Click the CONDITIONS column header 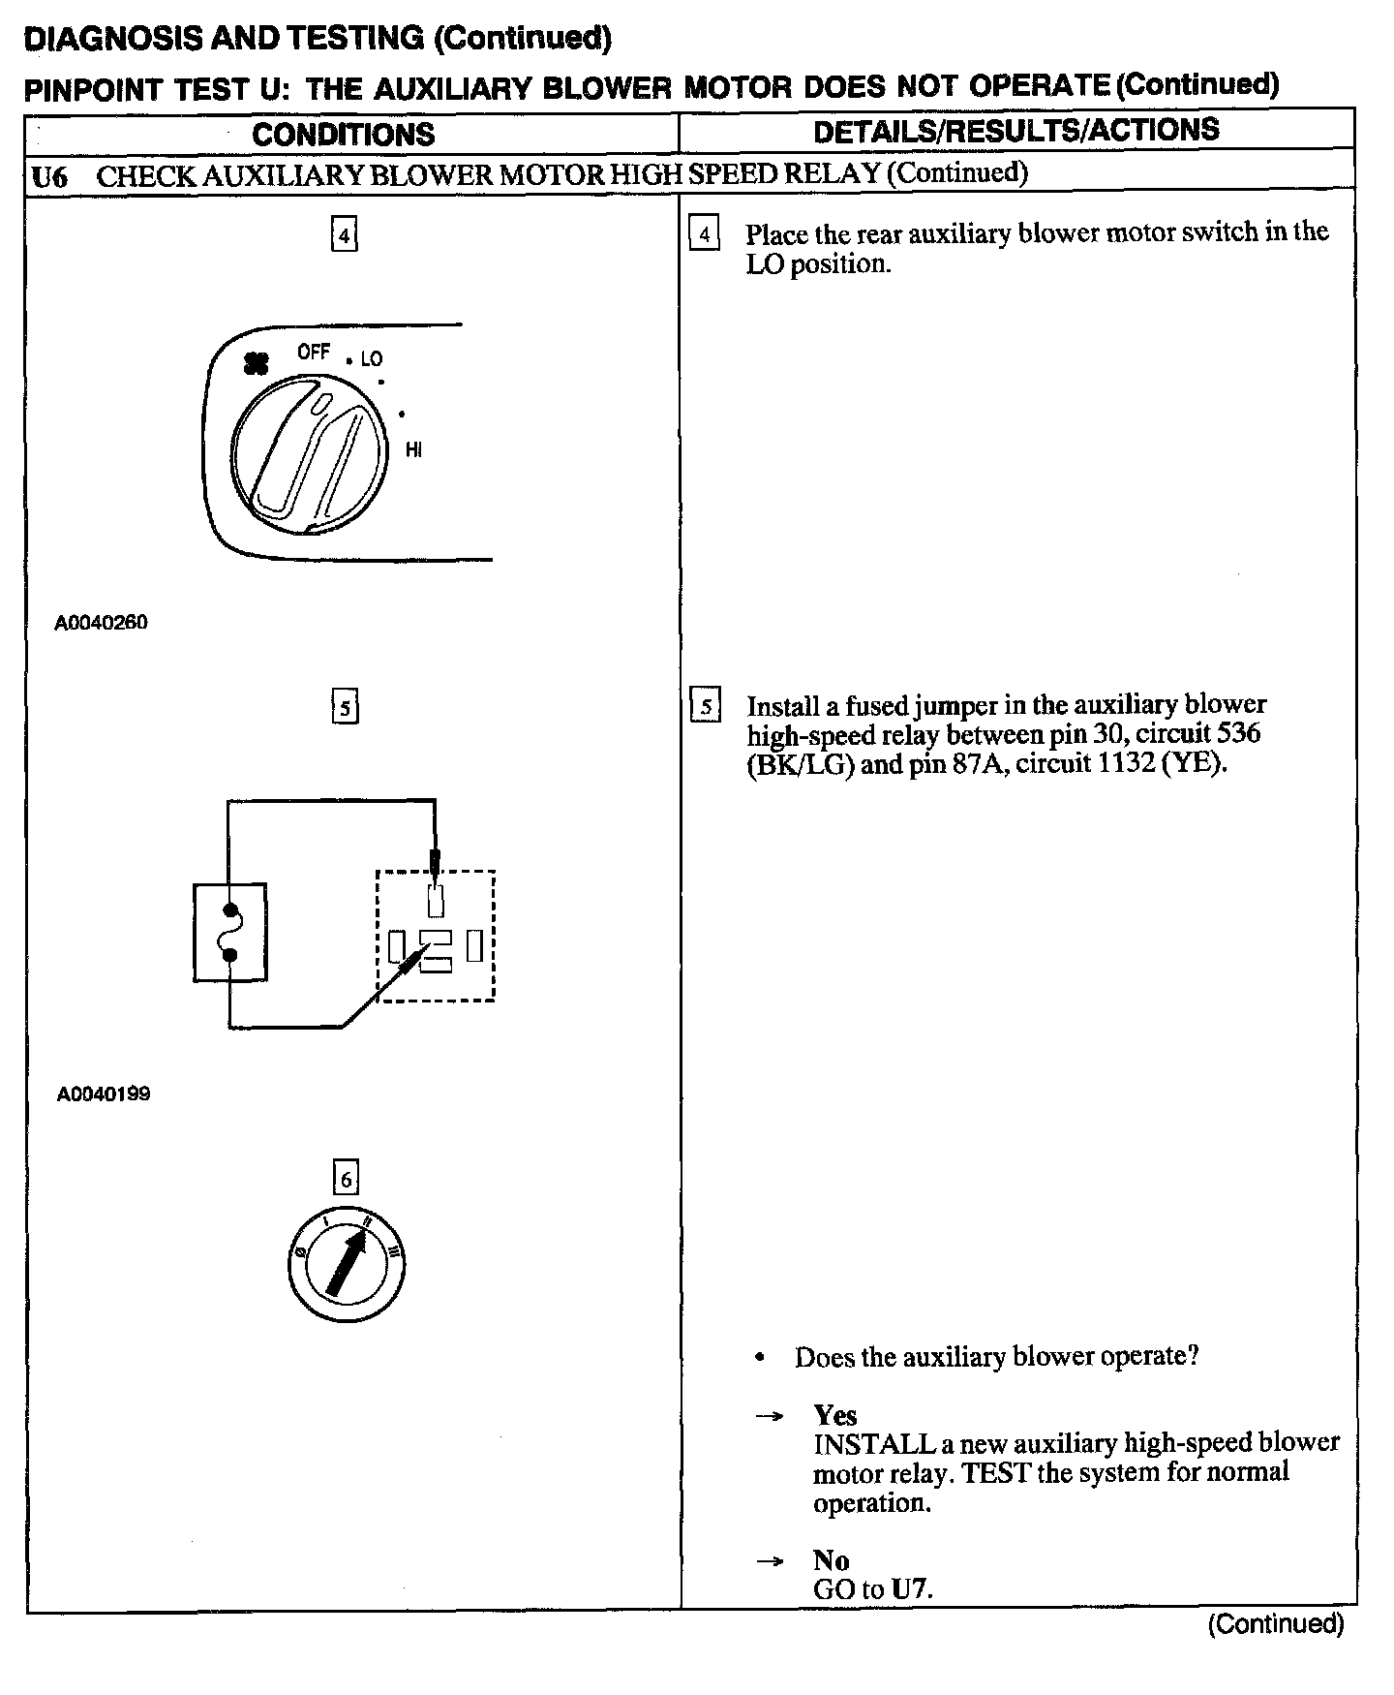click(344, 134)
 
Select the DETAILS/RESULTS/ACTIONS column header click(1016, 131)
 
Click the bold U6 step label click(49, 177)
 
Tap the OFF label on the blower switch click(314, 353)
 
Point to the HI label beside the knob click(413, 450)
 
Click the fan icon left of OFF click(257, 363)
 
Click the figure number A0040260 click(102, 623)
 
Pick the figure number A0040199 click(104, 1094)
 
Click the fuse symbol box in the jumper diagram click(230, 932)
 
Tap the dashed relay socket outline click(436, 936)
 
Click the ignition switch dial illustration click(346, 1264)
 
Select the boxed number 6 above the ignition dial click(346, 1179)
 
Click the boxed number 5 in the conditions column click(346, 707)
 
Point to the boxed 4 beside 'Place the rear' click(704, 234)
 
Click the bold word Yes click(834, 1415)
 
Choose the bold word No click(831, 1560)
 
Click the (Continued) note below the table click(1275, 1624)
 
